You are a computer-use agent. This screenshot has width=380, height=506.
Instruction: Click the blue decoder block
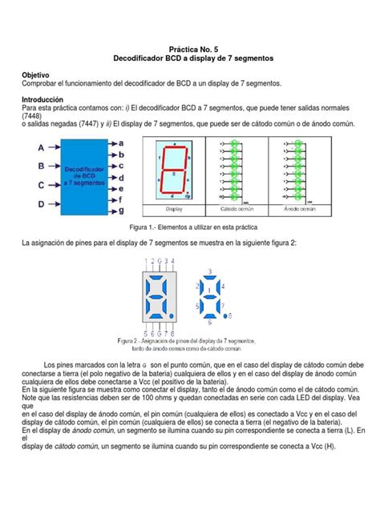tap(83, 175)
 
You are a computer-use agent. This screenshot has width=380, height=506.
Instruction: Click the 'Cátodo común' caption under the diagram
tap(233, 209)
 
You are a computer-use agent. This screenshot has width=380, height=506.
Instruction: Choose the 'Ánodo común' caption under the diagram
tap(301, 209)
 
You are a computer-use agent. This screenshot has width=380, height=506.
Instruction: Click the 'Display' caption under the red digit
tap(174, 209)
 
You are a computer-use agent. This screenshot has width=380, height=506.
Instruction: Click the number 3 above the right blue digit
tap(208, 271)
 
